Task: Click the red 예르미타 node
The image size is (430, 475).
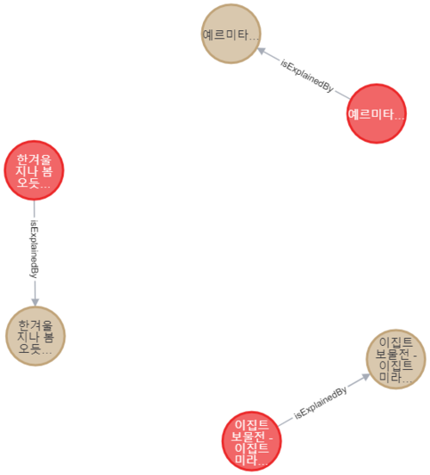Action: pyautogui.click(x=376, y=114)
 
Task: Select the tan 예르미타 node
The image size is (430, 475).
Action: pyautogui.click(x=231, y=34)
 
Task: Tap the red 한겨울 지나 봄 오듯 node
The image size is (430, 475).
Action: pyautogui.click(x=34, y=170)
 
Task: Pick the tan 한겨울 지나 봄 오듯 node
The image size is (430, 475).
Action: pyautogui.click(x=36, y=336)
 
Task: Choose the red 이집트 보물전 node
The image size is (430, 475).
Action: pyautogui.click(x=252, y=441)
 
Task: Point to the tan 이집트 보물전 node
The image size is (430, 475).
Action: pyautogui.click(x=396, y=360)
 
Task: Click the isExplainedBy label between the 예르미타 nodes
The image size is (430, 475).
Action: pyautogui.click(x=307, y=76)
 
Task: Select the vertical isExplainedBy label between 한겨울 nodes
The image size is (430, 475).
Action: pyautogui.click(x=34, y=249)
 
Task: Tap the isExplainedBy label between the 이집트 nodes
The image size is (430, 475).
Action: pyautogui.click(x=321, y=403)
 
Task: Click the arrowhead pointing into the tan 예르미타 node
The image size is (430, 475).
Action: pyautogui.click(x=261, y=51)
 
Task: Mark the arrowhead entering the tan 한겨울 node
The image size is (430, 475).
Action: pyautogui.click(x=35, y=302)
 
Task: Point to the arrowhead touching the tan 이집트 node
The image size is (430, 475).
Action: pyautogui.click(x=365, y=377)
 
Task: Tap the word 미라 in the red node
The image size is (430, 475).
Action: pyautogui.click(x=246, y=460)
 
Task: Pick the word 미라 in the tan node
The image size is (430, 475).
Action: pyautogui.click(x=390, y=377)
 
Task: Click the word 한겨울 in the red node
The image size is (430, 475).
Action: pyautogui.click(x=34, y=159)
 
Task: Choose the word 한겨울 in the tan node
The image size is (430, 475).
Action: pyautogui.click(x=36, y=325)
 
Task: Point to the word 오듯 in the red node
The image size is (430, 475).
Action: pyautogui.click(x=28, y=182)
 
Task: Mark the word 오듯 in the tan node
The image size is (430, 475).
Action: pyautogui.click(x=30, y=349)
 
